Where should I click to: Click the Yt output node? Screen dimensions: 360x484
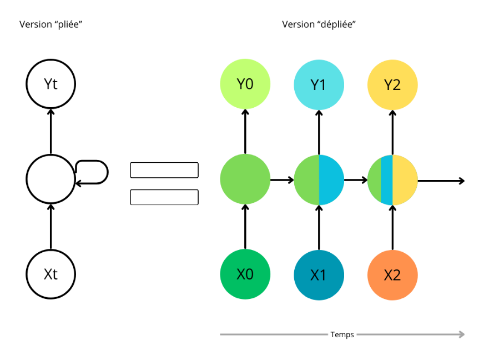click(51, 84)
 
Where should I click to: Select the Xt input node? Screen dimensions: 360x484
click(51, 274)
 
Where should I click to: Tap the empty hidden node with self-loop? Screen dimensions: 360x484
click(51, 179)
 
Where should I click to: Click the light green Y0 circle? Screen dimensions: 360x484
click(245, 84)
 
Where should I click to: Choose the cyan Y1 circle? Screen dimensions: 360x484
click(319, 84)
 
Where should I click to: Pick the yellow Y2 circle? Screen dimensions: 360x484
click(392, 84)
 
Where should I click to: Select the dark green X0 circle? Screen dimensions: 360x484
click(245, 274)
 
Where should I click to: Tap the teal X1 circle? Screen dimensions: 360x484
click(319, 274)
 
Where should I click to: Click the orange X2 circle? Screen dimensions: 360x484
click(392, 274)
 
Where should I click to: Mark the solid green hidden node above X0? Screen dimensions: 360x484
click(245, 179)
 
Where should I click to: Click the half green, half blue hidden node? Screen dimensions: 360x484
click(319, 179)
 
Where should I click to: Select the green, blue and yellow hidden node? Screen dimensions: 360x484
click(392, 179)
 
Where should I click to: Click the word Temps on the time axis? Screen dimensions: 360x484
click(342, 334)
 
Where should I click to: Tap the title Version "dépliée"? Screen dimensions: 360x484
click(319, 24)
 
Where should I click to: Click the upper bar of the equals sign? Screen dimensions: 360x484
click(164, 170)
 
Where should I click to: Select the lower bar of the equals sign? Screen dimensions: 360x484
click(164, 197)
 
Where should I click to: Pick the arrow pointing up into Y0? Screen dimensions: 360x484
click(245, 131)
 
